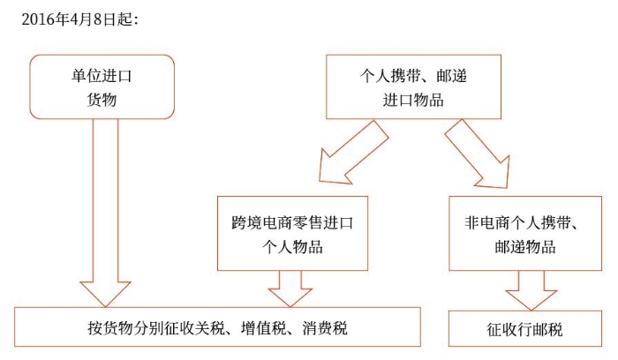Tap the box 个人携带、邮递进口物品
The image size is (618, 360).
[x=413, y=86]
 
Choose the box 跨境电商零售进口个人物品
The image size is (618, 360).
[x=291, y=233]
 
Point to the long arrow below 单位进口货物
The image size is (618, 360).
[x=104, y=212]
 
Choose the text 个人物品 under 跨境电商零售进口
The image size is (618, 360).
[x=291, y=247]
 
